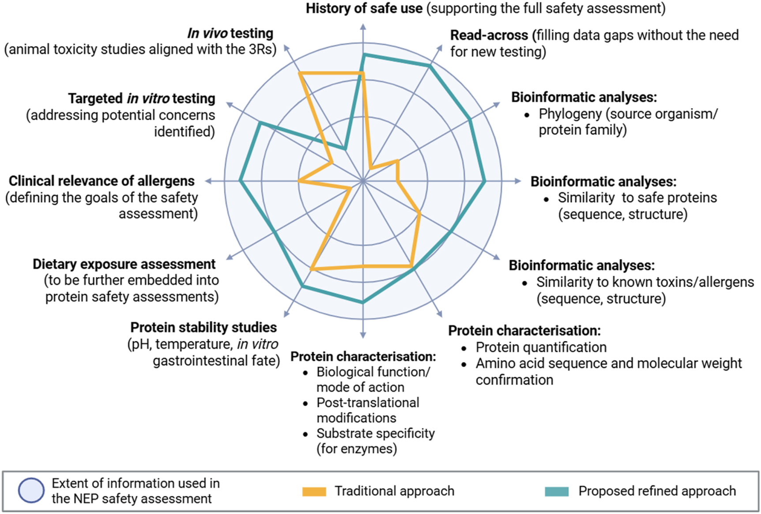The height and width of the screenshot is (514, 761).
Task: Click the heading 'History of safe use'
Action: [x=364, y=8]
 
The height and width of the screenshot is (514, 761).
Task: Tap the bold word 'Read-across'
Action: [x=489, y=35]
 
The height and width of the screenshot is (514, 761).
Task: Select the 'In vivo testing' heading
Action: [x=230, y=33]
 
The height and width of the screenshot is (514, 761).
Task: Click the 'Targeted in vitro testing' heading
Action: [x=141, y=98]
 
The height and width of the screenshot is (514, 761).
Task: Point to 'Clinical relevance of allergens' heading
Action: [x=102, y=181]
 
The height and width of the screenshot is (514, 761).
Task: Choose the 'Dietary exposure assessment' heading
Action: [x=124, y=264]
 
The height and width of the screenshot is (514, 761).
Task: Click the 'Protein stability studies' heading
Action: [x=203, y=328]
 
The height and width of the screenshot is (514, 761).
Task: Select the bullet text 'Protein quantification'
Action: [x=541, y=348]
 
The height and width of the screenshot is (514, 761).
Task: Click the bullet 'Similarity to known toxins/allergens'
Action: [x=645, y=282]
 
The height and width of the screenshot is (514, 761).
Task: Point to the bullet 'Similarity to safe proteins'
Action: [x=637, y=198]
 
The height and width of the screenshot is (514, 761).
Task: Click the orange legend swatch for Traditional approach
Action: [x=314, y=491]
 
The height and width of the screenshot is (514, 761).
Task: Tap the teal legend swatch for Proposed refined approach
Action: [x=556, y=491]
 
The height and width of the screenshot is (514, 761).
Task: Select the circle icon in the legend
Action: [x=31, y=491]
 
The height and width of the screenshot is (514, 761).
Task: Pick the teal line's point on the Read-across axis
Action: [x=429, y=65]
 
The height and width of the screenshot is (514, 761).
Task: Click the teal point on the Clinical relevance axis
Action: [x=240, y=181]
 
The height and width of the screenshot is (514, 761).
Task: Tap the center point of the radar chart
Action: [x=363, y=181]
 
